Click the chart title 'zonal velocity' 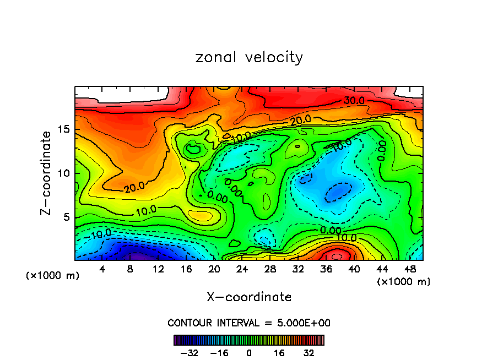pyautogui.click(x=249, y=57)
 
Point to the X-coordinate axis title pyautogui.click(x=249, y=297)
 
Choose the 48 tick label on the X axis pyautogui.click(x=409, y=269)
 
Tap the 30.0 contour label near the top pyautogui.click(x=354, y=100)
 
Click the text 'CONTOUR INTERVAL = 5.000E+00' pyautogui.click(x=249, y=323)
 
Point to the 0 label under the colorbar pyautogui.click(x=249, y=353)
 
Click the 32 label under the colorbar pyautogui.click(x=309, y=353)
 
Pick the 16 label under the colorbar pyautogui.click(x=279, y=353)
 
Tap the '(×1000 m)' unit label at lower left pyautogui.click(x=53, y=275)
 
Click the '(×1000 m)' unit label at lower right pyautogui.click(x=404, y=281)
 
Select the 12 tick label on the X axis pyautogui.click(x=158, y=269)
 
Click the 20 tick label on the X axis pyautogui.click(x=214, y=269)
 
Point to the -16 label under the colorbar pyautogui.click(x=219, y=353)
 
